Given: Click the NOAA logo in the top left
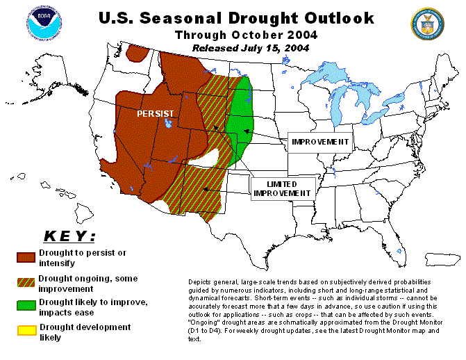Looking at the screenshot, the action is (x=44, y=23).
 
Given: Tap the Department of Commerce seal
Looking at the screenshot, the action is (x=427, y=24).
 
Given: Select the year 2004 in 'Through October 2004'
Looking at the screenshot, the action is (x=302, y=35).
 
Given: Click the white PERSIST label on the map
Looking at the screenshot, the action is (x=155, y=114).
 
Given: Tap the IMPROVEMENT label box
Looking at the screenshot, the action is (x=320, y=142).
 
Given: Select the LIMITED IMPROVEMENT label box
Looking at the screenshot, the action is (x=283, y=189).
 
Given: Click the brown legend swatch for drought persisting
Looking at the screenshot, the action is (x=26, y=258).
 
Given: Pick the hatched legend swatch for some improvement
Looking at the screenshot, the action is (x=26, y=282).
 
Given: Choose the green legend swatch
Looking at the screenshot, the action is (x=26, y=306).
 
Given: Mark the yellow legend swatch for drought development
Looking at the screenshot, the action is (x=27, y=331).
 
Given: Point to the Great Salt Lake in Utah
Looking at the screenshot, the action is (x=168, y=122).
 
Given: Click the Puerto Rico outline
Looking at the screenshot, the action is (x=442, y=259).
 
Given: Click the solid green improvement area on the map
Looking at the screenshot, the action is (x=241, y=119).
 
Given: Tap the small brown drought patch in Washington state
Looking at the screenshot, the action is (x=138, y=54).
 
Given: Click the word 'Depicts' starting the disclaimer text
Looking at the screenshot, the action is (x=199, y=282).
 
